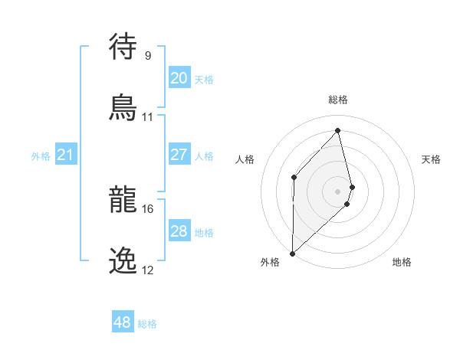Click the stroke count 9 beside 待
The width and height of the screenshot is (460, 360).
click(147, 55)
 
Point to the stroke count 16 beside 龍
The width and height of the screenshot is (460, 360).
click(147, 208)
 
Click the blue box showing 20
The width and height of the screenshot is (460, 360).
click(179, 78)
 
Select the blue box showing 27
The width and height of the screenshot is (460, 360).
click(179, 155)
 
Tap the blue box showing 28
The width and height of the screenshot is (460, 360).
click(179, 231)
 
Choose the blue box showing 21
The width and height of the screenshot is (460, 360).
click(65, 155)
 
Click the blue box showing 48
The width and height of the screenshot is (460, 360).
click(122, 322)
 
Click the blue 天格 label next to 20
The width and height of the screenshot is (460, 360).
click(204, 80)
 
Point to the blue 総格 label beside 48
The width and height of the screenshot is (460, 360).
click(147, 324)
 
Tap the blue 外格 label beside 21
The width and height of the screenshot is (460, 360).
click(41, 156)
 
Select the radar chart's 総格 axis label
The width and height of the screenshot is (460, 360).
click(338, 100)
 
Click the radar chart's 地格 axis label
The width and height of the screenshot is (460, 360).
click(402, 262)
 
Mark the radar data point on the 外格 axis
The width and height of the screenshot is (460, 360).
click(292, 253)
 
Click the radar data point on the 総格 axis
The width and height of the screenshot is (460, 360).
click(338, 131)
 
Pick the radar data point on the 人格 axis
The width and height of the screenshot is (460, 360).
click(294, 177)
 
